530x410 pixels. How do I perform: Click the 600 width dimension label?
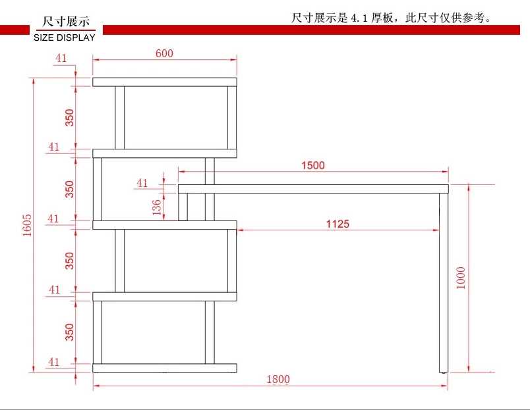[164, 53]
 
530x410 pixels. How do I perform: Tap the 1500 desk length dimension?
[312, 165]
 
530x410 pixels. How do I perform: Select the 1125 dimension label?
[338, 224]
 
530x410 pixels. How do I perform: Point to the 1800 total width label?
[278, 379]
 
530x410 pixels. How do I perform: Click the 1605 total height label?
[27, 225]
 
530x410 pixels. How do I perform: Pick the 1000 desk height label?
[461, 278]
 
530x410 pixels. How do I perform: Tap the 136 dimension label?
[156, 207]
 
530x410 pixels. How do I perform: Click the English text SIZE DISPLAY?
[64, 38]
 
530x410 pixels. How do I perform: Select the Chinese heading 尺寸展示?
[66, 22]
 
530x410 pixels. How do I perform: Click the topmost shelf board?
[165, 82]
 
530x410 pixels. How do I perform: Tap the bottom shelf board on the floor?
[165, 368]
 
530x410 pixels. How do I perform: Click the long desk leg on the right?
[444, 283]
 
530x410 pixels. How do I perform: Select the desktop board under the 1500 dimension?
[313, 189]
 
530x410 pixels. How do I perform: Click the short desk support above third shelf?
[183, 207]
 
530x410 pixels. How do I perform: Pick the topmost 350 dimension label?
[69, 117]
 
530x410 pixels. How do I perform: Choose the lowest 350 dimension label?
[69, 332]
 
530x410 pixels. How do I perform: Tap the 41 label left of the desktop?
[142, 183]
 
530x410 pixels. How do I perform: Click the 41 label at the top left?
[61, 58]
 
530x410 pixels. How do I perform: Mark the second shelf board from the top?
[165, 153]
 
